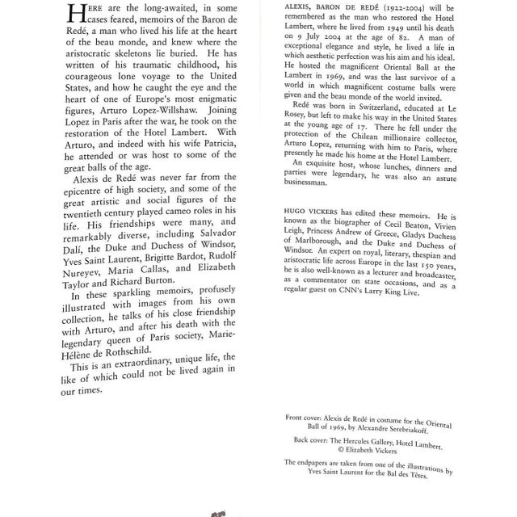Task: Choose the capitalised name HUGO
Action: tap(290, 263)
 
